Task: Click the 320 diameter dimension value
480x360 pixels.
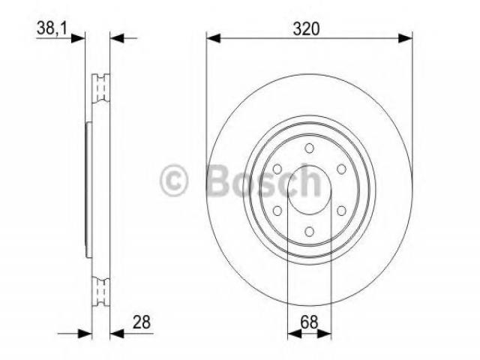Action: pyautogui.click(x=306, y=29)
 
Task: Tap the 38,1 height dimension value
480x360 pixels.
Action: pyautogui.click(x=52, y=28)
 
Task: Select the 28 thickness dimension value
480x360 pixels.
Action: pyautogui.click(x=142, y=322)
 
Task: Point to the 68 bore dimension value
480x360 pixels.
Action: pyautogui.click(x=309, y=322)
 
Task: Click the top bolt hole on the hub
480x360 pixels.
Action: pyautogui.click(x=310, y=148)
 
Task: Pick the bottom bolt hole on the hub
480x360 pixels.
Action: pyautogui.click(x=310, y=232)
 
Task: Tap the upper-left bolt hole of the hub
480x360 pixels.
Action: pyautogui.click(x=277, y=169)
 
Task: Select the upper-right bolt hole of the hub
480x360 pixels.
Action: pyautogui.click(x=341, y=169)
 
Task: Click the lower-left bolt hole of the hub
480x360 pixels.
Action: pyautogui.click(x=277, y=211)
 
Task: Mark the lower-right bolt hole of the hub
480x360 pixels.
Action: pyautogui.click(x=341, y=211)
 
